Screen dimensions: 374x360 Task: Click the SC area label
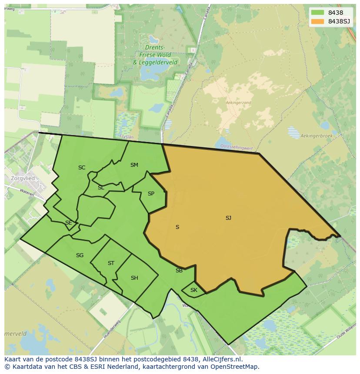tap(82, 168)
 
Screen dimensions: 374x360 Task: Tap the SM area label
tap(134, 165)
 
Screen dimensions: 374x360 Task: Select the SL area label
tap(101, 188)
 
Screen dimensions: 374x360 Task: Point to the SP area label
tap(151, 194)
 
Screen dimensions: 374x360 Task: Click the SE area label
tap(68, 223)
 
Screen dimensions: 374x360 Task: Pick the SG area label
tap(80, 255)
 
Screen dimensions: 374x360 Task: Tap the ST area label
tap(111, 263)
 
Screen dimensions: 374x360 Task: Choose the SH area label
tap(134, 278)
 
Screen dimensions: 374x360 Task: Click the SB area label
tap(179, 271)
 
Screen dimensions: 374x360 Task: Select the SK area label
tap(194, 290)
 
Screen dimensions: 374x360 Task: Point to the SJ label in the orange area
tap(228, 218)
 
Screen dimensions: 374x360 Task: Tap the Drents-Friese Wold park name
tap(155, 51)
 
